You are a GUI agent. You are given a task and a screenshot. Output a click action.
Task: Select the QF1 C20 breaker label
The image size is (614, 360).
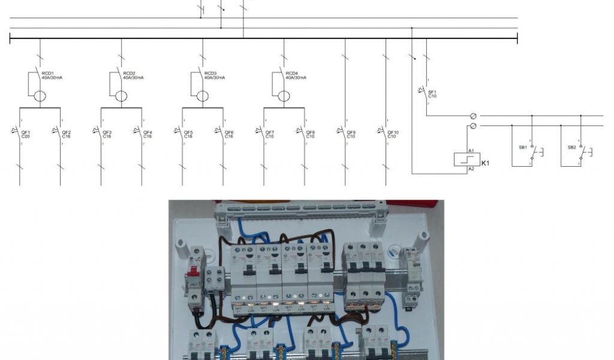pos(25,134)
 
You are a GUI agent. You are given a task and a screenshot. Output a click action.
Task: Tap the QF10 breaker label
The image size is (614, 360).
pos(393,134)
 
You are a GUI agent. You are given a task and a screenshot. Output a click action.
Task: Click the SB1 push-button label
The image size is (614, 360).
pos(522,147)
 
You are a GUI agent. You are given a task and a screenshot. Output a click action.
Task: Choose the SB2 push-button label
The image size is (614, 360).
pos(571,147)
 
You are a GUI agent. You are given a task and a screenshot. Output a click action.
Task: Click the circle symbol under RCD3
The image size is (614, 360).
pos(203,96)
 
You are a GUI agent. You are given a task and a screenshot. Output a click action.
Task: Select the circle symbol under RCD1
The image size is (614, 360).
pos(40,96)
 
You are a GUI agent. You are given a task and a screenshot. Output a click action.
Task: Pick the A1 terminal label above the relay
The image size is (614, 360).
pos(471,150)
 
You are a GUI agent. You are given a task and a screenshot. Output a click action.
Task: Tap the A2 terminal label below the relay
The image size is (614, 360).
pos(471,170)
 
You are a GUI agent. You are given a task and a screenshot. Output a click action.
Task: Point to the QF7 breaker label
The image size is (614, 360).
pos(270,134)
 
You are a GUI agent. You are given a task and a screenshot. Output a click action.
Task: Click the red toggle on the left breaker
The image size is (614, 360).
pos(194,276)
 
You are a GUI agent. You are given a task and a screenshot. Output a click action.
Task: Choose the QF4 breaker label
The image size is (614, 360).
pos(148,134)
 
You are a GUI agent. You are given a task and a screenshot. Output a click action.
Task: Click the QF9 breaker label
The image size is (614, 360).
pos(351,134)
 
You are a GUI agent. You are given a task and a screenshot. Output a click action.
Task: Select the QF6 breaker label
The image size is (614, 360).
pos(229,134)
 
